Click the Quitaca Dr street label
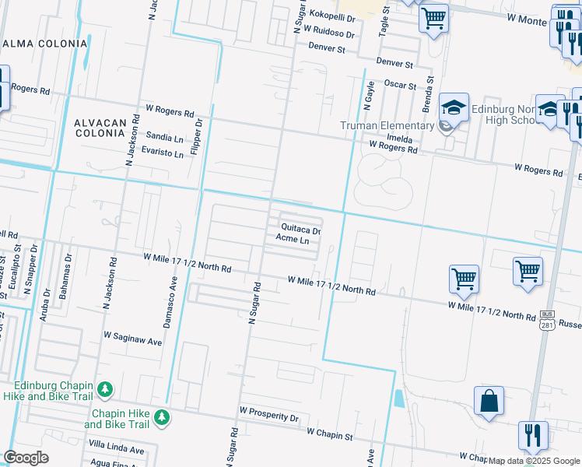tap(300, 230)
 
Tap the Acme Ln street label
tap(293, 241)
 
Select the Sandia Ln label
tap(165, 135)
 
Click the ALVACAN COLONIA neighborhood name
tap(100, 128)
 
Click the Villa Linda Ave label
tap(116, 450)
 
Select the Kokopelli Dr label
tap(331, 15)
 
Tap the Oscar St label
tap(401, 85)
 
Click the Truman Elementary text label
tap(387, 125)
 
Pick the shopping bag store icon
tap(489, 401)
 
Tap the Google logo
tap(26, 458)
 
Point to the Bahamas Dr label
tap(68, 269)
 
